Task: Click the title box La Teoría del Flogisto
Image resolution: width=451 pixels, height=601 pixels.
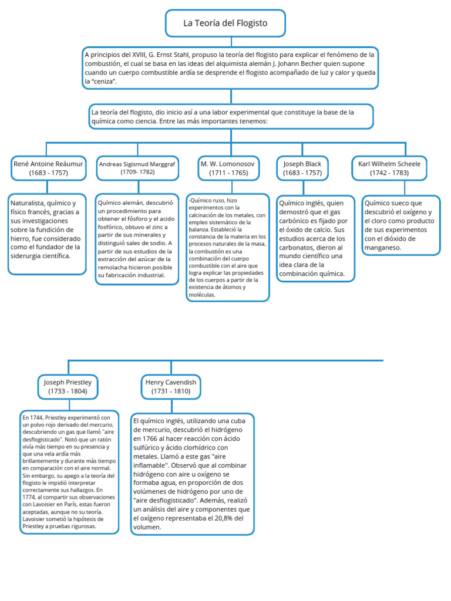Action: tap(225, 23)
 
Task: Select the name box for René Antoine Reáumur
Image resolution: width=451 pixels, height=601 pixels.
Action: tap(49, 168)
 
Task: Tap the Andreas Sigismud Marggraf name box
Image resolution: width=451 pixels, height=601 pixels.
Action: tap(137, 168)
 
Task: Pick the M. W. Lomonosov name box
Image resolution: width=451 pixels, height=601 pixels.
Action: tap(228, 168)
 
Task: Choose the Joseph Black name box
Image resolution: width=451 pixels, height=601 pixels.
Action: tap(302, 168)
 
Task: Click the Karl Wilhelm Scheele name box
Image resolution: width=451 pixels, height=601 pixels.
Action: tap(389, 168)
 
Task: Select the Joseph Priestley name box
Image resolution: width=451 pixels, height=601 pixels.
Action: tap(68, 386)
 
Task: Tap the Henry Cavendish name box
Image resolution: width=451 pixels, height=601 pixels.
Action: tap(171, 386)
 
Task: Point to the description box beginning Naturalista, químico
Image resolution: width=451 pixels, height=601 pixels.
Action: tap(48, 234)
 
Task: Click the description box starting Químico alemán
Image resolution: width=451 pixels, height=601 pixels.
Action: tap(137, 238)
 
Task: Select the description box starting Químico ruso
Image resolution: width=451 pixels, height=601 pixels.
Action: tap(228, 247)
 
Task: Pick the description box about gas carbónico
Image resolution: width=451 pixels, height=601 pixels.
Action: tap(316, 238)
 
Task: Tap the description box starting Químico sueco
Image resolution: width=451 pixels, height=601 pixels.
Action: tap(400, 225)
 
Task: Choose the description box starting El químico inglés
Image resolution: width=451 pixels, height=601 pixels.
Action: tap(192, 474)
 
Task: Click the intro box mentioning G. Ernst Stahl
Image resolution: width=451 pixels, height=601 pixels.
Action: tap(230, 67)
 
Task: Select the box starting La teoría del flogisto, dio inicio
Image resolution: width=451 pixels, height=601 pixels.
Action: tap(230, 116)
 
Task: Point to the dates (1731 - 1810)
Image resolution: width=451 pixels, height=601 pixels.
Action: tap(171, 391)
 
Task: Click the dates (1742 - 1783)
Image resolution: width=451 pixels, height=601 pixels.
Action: tap(389, 173)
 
